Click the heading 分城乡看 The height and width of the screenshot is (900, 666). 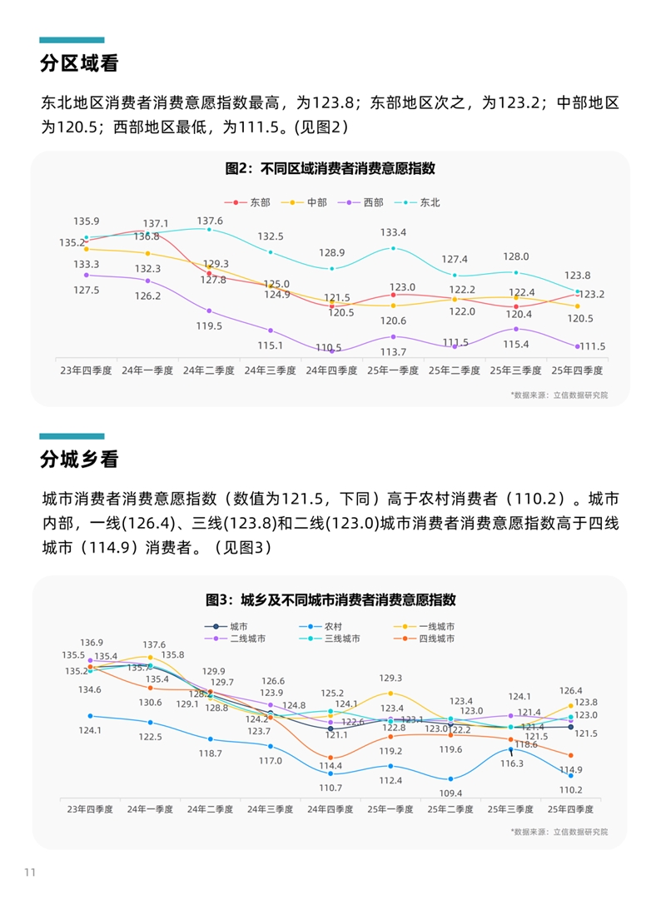[x=80, y=460]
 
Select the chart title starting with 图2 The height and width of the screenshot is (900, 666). [x=330, y=168]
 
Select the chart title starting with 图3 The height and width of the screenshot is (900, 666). [x=331, y=599]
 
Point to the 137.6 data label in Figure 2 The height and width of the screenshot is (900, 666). [x=210, y=221]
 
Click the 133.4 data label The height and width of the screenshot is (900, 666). [x=393, y=232]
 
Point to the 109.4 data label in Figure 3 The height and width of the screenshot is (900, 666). [x=450, y=793]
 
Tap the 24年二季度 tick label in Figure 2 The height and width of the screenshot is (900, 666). [x=210, y=369]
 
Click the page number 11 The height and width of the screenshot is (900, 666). [x=30, y=872]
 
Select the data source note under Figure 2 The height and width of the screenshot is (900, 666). [x=559, y=395]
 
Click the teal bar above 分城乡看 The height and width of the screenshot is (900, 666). [x=72, y=435]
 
